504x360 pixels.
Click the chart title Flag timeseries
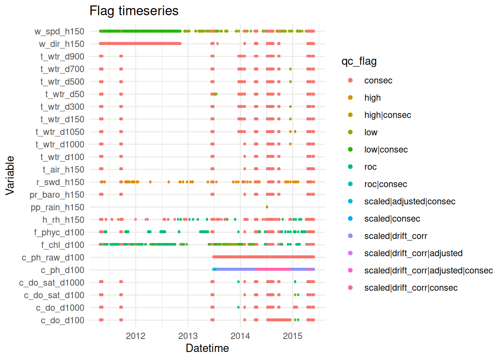pyautogui.click(x=134, y=11)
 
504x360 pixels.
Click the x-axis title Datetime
pyautogui.click(x=207, y=348)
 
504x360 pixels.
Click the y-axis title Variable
pyautogui.click(x=10, y=175)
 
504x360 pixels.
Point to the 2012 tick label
pyautogui.click(x=135, y=336)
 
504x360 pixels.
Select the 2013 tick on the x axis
pyautogui.click(x=188, y=336)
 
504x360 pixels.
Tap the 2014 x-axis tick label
pyautogui.click(x=240, y=336)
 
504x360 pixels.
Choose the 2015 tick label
pyautogui.click(x=292, y=336)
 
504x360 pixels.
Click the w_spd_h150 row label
pyautogui.click(x=59, y=31)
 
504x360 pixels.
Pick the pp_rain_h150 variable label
pyautogui.click(x=57, y=207)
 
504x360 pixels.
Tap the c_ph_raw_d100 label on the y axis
pyautogui.click(x=53, y=258)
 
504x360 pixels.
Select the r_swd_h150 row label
pyautogui.click(x=60, y=182)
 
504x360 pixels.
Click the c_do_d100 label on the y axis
pyautogui.click(x=62, y=321)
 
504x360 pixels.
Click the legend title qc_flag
pyautogui.click(x=359, y=61)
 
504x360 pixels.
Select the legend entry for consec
pyautogui.click(x=378, y=81)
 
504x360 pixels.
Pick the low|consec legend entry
pyautogui.click(x=385, y=150)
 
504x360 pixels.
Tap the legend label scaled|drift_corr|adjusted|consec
pyautogui.click(x=428, y=270)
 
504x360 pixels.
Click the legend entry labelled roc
pyautogui.click(x=370, y=167)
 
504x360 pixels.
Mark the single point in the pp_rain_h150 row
pyautogui.click(x=267, y=207)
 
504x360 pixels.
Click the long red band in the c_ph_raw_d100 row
pyautogui.click(x=263, y=257)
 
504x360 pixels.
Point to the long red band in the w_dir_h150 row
pyautogui.click(x=140, y=43)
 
